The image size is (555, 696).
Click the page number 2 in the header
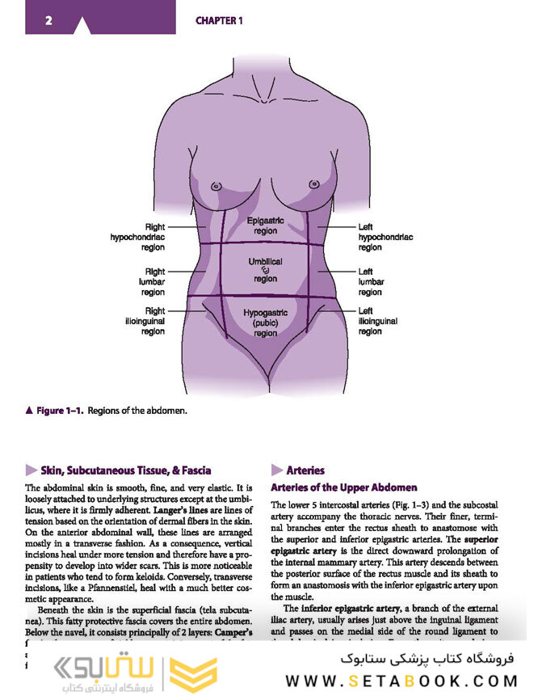coord(49,20)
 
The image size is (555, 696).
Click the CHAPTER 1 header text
coord(219,21)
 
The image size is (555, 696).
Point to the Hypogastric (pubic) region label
coord(265,323)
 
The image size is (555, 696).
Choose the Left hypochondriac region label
coord(385,237)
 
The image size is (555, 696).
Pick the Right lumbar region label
coord(153,281)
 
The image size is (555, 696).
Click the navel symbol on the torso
coord(265,271)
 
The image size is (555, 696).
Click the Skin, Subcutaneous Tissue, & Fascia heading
coord(126,470)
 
